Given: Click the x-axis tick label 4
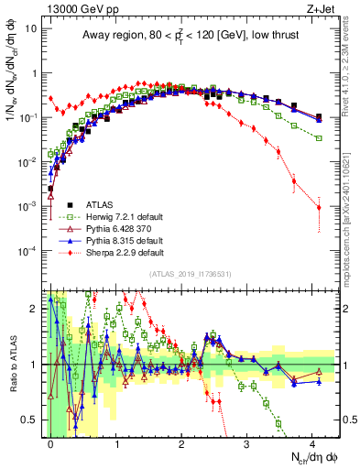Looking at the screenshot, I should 311,442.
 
